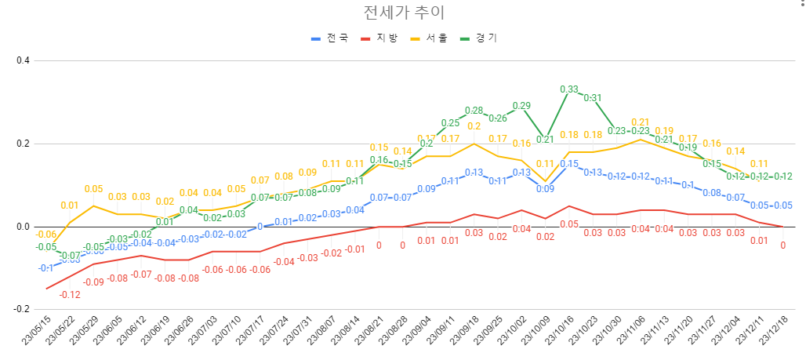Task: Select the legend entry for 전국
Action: tap(332, 38)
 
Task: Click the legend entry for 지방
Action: tap(381, 38)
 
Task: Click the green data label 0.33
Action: tap(568, 89)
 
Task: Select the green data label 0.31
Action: tap(592, 98)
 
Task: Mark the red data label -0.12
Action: tap(71, 294)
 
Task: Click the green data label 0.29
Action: tap(521, 106)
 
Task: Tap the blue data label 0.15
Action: tap(568, 164)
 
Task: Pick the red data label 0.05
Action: tap(568, 224)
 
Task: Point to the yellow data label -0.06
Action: tap(46, 235)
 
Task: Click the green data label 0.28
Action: tap(474, 111)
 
